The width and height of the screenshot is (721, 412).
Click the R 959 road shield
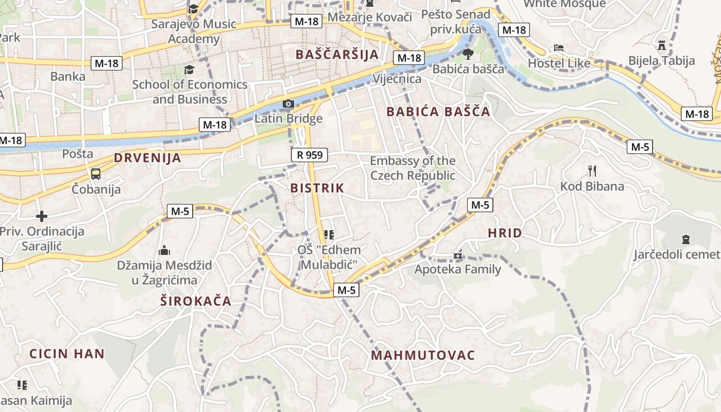(309, 154)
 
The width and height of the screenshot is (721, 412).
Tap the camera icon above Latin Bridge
(288, 104)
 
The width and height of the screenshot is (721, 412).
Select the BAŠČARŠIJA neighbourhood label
(337, 54)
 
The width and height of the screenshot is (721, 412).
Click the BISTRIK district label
(317, 188)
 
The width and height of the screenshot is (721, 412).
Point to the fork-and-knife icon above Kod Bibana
(592, 170)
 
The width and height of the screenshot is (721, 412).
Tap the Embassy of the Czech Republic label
(413, 168)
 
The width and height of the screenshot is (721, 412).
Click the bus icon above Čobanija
(96, 174)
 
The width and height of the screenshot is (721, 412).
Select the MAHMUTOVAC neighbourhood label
(423, 355)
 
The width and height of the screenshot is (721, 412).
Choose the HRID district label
(505, 233)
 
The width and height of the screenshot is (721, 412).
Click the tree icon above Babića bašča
(468, 54)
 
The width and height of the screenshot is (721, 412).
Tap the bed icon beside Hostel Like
(559, 48)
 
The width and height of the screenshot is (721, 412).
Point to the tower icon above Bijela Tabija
(662, 45)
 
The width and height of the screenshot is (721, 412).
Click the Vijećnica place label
(404, 79)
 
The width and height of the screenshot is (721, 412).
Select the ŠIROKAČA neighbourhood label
(196, 301)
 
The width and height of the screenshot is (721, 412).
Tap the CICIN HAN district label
(67, 354)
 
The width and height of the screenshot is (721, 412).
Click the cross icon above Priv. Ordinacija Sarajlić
(42, 216)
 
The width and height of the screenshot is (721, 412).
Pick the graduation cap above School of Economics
(190, 69)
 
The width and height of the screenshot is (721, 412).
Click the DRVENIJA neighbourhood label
(148, 158)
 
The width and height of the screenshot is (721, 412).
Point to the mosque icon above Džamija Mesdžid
(164, 250)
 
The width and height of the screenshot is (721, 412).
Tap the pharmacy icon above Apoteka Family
(457, 254)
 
